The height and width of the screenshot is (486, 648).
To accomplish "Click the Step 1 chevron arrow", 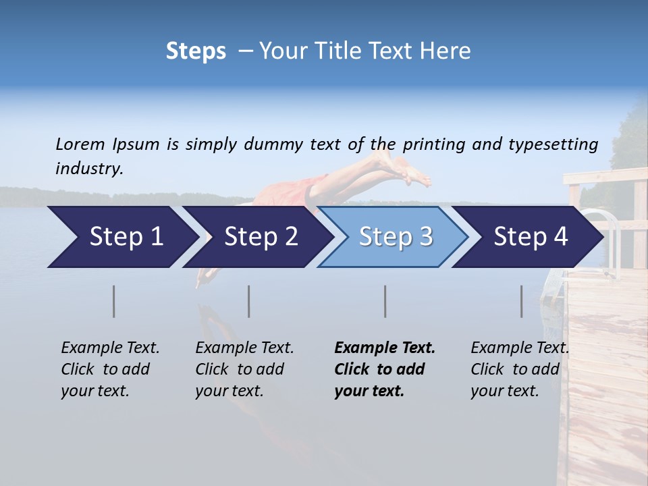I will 122,236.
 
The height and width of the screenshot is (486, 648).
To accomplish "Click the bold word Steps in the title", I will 196,51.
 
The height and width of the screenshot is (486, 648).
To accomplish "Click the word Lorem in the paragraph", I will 80,144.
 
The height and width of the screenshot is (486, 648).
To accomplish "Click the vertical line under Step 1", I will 114,301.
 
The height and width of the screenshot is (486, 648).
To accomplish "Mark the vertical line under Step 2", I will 249,301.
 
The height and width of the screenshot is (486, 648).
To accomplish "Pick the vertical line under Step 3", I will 385,301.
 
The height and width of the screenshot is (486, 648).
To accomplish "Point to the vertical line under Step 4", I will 521,301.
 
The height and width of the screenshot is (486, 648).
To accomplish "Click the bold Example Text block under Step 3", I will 383,369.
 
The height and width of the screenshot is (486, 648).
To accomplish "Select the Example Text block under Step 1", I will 110,369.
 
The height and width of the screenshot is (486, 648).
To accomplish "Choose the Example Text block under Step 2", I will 244,369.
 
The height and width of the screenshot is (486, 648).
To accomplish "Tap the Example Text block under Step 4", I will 520,369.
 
